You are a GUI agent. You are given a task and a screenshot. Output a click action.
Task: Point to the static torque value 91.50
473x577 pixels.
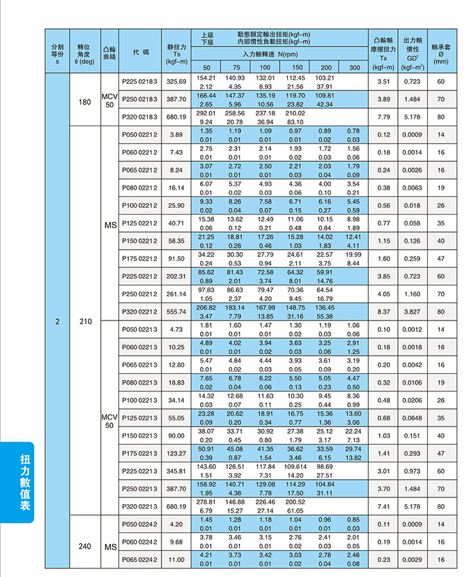click(x=176, y=258)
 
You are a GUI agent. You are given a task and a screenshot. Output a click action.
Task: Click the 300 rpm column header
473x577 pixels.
click(x=354, y=67)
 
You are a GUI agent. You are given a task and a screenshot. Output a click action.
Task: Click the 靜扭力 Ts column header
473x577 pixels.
click(x=176, y=51)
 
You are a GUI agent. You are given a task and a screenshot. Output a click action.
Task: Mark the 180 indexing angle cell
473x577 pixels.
click(x=84, y=101)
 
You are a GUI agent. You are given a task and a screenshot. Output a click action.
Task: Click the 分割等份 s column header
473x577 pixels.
click(x=57, y=51)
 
